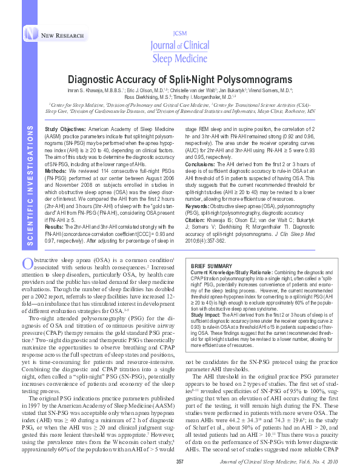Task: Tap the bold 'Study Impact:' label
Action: coord(205,315)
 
